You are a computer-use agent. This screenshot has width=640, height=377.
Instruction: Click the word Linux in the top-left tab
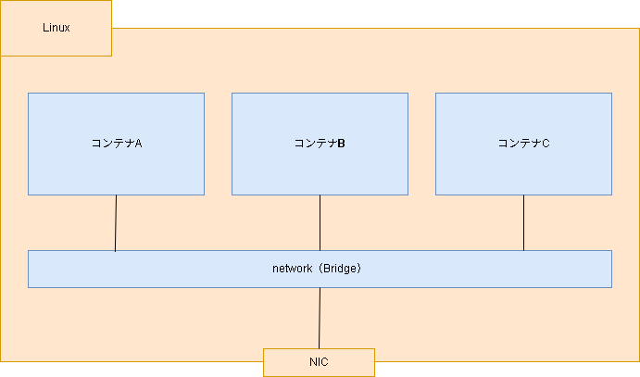tap(56, 28)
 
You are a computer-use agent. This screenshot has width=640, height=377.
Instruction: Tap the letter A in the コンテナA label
tap(138, 144)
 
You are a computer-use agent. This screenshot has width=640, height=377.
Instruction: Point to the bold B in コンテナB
tap(342, 144)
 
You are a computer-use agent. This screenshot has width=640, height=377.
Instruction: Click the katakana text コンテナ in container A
tap(112, 144)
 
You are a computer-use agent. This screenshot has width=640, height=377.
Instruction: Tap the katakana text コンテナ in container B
tap(316, 144)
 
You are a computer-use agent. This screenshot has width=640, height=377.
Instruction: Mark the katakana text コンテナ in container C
tap(520, 144)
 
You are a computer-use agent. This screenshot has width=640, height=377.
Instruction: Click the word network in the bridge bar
tap(293, 269)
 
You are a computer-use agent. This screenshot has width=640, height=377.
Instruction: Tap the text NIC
tap(319, 362)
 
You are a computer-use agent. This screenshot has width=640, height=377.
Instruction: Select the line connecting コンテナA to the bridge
tap(116, 223)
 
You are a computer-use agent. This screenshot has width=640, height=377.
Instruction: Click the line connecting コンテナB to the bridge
tap(320, 223)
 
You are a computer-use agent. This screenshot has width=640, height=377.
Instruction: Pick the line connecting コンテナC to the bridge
tap(523, 223)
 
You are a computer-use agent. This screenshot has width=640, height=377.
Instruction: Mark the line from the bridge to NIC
tap(320, 318)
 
